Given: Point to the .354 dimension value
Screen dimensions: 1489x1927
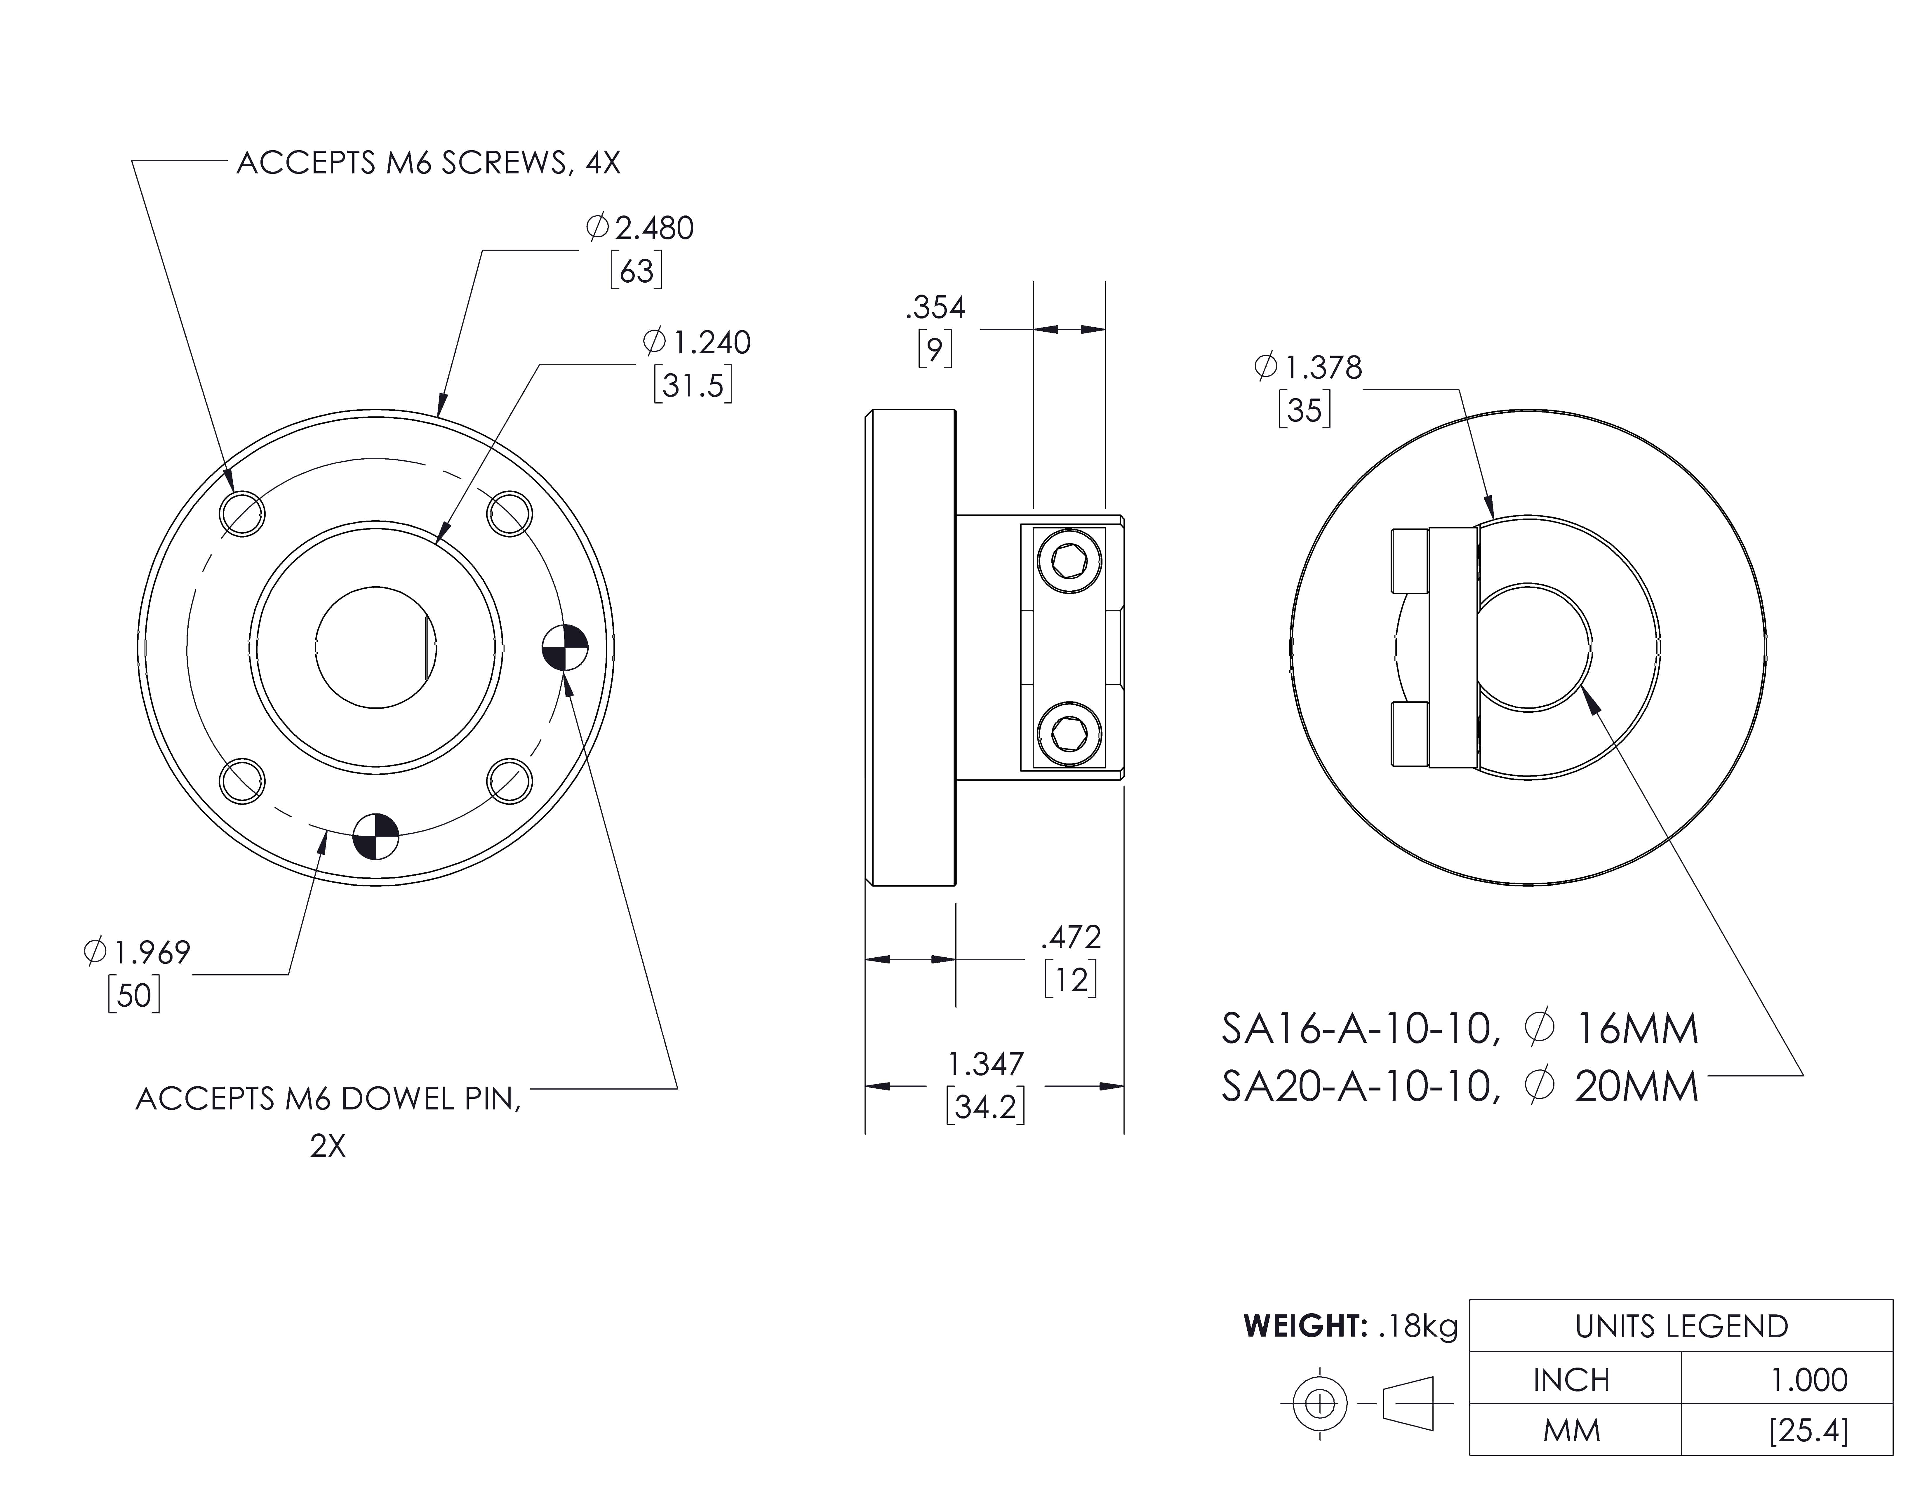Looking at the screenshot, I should click(x=935, y=308).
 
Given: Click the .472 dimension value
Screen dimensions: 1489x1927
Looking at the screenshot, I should click(x=1071, y=937).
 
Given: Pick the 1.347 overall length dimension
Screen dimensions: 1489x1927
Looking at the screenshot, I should click(x=986, y=1065).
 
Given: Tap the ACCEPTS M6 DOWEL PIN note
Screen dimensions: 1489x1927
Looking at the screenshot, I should click(x=328, y=1099).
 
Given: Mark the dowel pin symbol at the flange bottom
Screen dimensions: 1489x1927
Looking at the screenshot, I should click(x=376, y=835).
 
